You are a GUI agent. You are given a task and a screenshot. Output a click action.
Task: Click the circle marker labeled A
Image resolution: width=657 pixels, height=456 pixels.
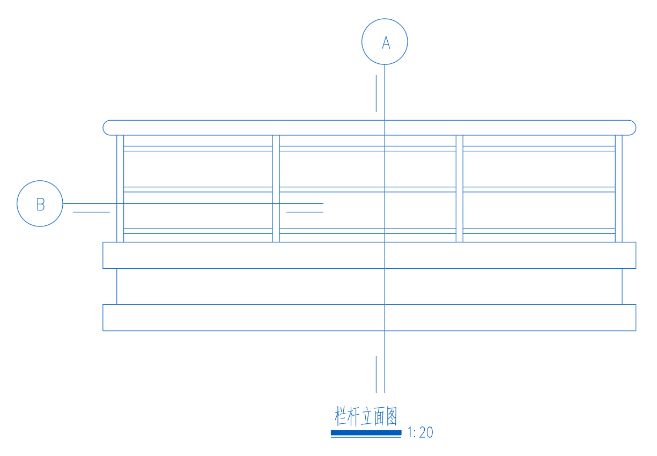385,19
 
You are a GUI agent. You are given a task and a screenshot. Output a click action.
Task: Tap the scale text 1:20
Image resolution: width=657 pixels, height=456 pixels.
420,432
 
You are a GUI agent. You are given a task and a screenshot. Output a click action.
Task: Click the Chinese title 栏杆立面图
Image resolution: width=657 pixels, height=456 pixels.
366,416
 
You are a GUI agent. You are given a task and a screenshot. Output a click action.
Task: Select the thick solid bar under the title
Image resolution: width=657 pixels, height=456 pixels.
366,433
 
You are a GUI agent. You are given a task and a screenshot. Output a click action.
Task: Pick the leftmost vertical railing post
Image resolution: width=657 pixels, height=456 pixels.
120,189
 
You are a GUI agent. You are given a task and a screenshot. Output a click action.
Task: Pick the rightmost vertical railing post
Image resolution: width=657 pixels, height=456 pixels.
618,189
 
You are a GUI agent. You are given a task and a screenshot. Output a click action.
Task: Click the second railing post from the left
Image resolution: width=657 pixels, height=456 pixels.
276,189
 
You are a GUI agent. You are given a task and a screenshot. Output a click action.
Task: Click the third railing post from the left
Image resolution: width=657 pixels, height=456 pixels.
459,189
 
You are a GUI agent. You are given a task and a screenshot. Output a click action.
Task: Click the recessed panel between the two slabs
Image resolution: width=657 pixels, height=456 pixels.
370,286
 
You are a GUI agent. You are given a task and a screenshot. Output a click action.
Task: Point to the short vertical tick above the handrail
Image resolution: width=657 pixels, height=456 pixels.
376,93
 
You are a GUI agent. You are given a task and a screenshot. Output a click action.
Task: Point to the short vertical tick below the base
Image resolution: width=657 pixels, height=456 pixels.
376,374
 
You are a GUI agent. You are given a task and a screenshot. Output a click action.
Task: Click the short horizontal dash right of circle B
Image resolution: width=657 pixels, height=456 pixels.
91,212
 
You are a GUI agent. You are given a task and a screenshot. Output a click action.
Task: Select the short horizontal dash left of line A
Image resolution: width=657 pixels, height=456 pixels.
305,212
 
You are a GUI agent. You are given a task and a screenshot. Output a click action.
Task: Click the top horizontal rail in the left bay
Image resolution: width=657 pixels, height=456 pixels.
198,149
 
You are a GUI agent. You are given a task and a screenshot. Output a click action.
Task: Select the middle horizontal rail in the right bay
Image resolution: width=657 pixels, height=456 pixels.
539,189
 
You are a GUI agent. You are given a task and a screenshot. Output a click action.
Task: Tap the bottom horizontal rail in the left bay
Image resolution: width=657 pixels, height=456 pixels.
198,231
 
